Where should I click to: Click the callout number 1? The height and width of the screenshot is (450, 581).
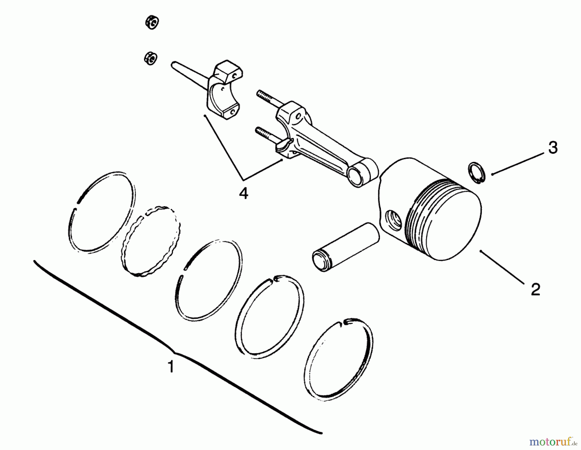pyautogui.click(x=171, y=367)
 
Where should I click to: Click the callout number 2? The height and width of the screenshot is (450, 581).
pyautogui.click(x=535, y=289)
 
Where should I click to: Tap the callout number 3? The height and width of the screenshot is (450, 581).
pyautogui.click(x=553, y=148)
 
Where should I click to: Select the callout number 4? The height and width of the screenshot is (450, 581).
pyautogui.click(x=244, y=194)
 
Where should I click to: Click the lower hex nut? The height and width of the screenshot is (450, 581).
pyautogui.click(x=150, y=58)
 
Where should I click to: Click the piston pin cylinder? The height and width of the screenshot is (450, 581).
pyautogui.click(x=345, y=247)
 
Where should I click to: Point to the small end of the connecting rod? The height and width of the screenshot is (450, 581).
pyautogui.click(x=365, y=174)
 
